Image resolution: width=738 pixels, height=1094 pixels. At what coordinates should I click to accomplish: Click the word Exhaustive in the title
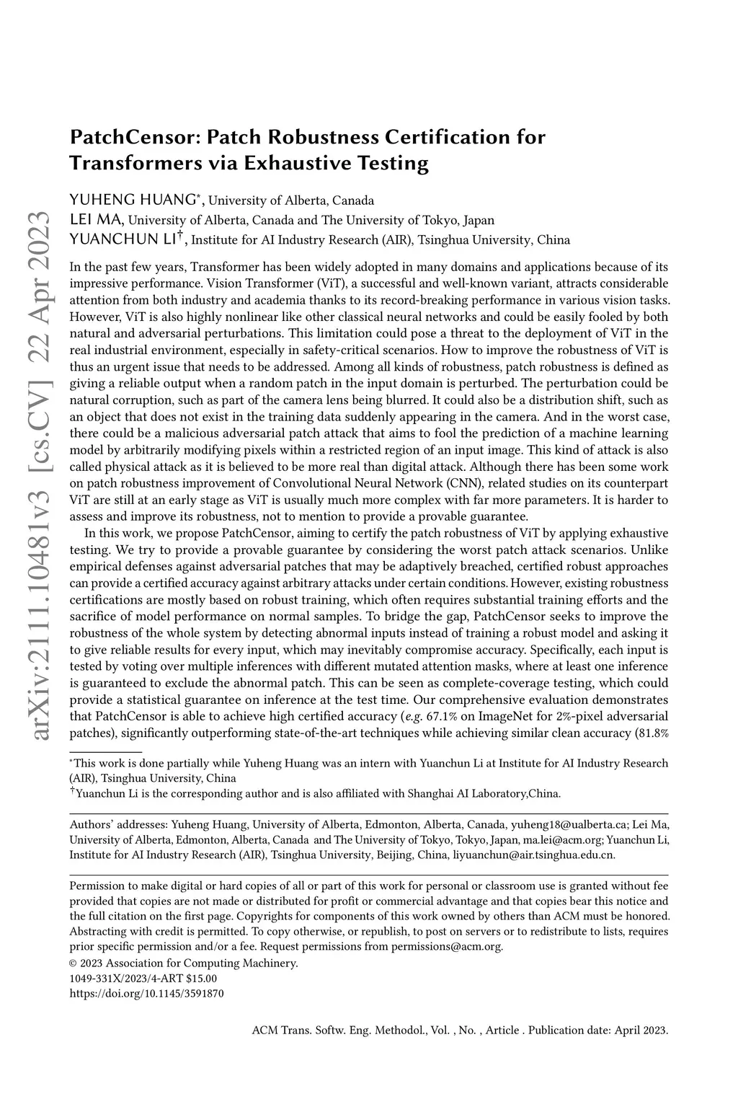point(296,163)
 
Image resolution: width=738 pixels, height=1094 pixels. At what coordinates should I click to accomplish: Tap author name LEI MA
point(97,219)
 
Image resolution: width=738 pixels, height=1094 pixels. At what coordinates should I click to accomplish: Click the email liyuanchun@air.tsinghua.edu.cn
point(533,855)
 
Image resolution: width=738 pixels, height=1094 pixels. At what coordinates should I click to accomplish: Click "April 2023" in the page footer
point(641,1030)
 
